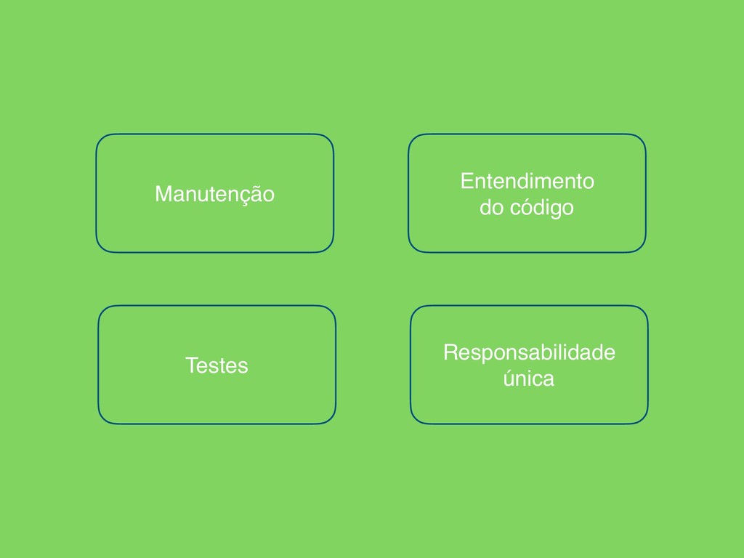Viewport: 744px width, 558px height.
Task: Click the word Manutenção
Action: click(x=214, y=194)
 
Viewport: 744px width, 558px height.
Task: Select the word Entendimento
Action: click(x=527, y=180)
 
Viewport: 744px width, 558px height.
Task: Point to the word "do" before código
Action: click(x=490, y=209)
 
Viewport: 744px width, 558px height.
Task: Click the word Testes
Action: click(x=217, y=365)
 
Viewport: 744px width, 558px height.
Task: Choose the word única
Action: click(x=529, y=379)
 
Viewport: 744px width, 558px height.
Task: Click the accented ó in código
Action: click(x=527, y=208)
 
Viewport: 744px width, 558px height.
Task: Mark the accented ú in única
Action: click(x=509, y=378)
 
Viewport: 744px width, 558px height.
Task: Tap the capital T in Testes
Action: click(x=191, y=365)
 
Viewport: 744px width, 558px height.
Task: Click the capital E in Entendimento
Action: click(x=466, y=180)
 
